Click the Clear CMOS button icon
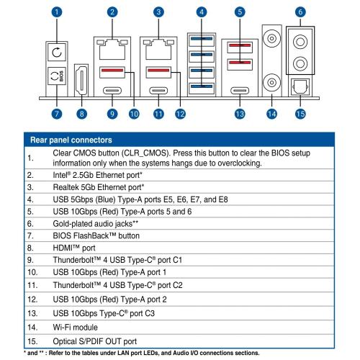[x=57, y=52]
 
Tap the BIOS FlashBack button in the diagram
[x=57, y=76]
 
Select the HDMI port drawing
[x=81, y=81]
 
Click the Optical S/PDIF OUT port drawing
[x=300, y=86]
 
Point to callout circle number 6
[x=300, y=12]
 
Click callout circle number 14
[x=271, y=114]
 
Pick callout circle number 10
[x=134, y=114]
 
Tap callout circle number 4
[x=202, y=12]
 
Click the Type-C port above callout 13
[x=240, y=91]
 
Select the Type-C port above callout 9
[x=112, y=91]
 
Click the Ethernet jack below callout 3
[x=158, y=49]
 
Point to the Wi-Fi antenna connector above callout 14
[x=271, y=82]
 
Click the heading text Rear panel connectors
[x=71, y=140]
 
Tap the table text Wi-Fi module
[x=75, y=328]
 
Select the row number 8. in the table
[x=30, y=248]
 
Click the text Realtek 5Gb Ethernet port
[x=98, y=187]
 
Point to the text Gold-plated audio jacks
[x=93, y=224]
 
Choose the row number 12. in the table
[x=32, y=300]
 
